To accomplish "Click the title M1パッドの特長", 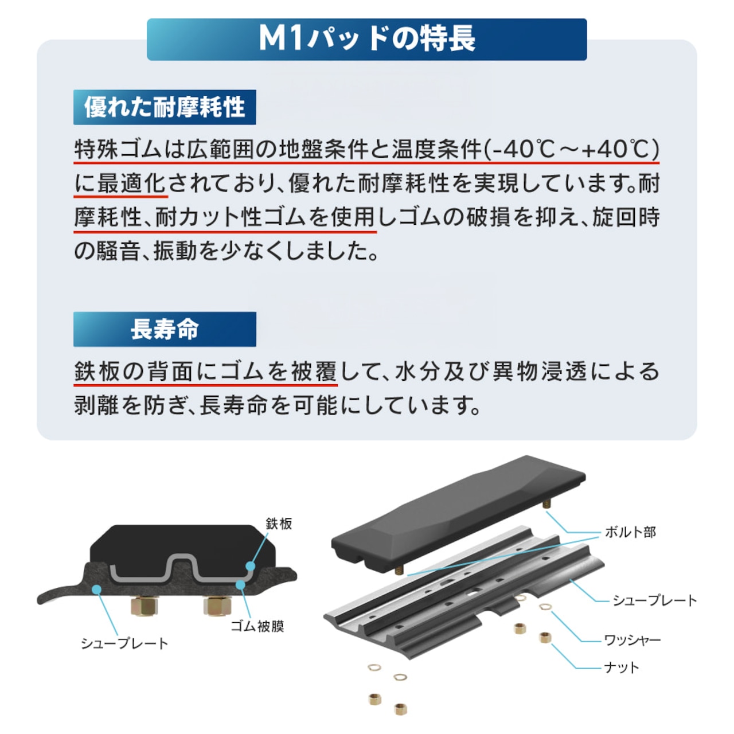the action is [x=367, y=39].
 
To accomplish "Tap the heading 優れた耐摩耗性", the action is [x=165, y=107].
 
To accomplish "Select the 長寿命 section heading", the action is [x=165, y=329].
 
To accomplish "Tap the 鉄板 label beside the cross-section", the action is [x=279, y=524].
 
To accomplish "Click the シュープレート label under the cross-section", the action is [x=124, y=643].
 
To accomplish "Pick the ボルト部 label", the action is [x=630, y=532].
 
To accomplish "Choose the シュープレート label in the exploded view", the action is [x=654, y=601].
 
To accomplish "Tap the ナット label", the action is [x=621, y=667].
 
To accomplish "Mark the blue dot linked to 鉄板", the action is [x=250, y=566].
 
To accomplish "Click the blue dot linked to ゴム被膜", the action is [x=240, y=584].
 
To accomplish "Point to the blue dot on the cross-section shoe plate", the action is [x=97, y=589].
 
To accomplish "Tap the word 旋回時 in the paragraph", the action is [x=626, y=217].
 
